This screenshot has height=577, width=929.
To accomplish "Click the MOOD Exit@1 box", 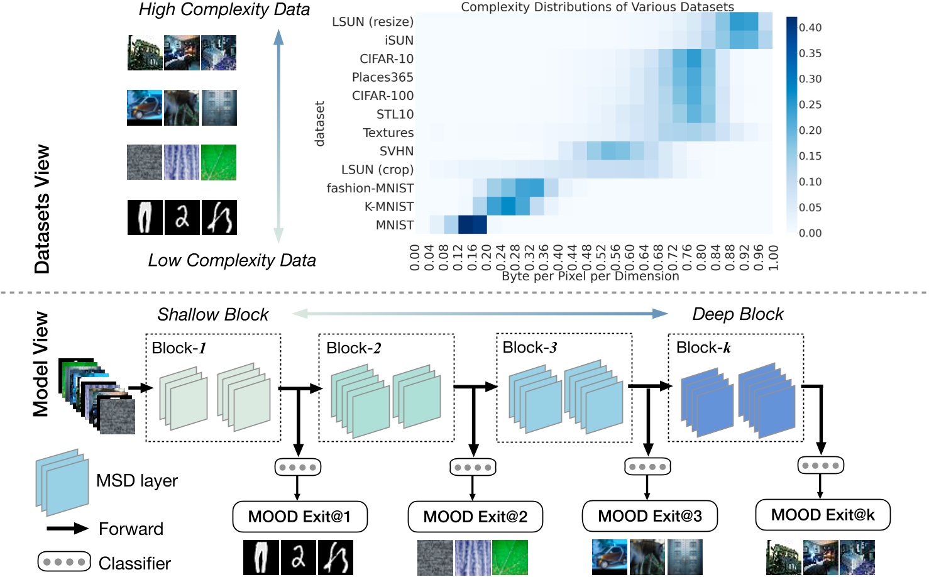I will tap(300, 517).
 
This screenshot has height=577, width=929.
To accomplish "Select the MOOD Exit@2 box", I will tap(475, 517).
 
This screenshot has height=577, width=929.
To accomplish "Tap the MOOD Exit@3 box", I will tap(649, 516).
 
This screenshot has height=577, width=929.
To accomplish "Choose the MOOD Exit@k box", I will tap(823, 515).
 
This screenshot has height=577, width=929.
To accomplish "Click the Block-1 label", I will tap(179, 348).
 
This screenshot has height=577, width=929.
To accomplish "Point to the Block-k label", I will tap(703, 348).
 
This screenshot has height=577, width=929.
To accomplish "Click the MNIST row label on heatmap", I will tap(395, 225).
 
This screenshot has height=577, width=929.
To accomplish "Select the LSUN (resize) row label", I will tap(373, 22).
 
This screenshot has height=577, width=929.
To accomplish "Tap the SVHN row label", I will tap(397, 151).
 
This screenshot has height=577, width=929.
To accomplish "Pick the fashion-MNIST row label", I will tap(370, 189).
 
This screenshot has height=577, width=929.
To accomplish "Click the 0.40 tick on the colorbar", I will tap(810, 28).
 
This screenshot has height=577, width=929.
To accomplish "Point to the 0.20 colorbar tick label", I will tap(810, 131).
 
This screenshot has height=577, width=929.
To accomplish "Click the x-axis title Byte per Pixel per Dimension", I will tap(590, 276).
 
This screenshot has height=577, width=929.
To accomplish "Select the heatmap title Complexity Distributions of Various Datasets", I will tap(597, 7).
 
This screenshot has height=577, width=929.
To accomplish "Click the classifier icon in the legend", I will tap(65, 561).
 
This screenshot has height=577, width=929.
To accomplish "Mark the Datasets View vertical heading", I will tap(42, 209).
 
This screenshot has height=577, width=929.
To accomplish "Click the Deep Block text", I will tap(738, 314).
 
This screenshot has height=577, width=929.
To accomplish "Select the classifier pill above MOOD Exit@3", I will tap(648, 467).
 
